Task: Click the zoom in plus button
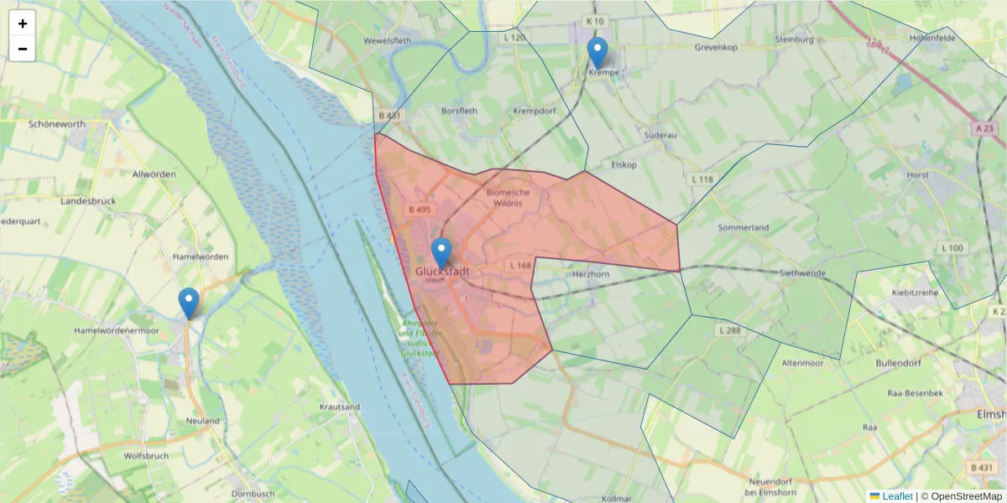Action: tap(23, 23)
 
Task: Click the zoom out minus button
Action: tap(23, 49)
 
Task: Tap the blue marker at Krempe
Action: tap(597, 52)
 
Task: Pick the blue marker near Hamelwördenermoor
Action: tap(189, 303)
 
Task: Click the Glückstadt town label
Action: tap(442, 272)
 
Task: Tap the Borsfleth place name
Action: tap(459, 110)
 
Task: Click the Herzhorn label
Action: tap(590, 274)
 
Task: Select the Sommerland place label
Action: tap(744, 227)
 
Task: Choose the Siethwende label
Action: tap(804, 273)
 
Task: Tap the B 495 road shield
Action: tap(419, 209)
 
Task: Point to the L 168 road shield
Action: tap(520, 266)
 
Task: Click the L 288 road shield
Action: tap(729, 331)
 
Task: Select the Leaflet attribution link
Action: tap(897, 496)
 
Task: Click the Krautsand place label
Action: tap(340, 407)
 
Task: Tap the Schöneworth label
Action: tap(57, 124)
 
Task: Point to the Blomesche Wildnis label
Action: tap(509, 197)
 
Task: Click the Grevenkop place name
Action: tap(716, 48)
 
